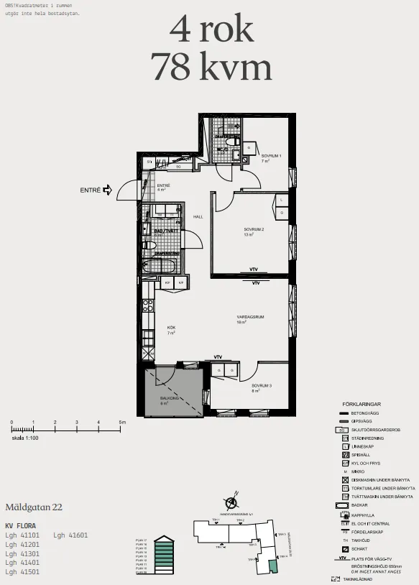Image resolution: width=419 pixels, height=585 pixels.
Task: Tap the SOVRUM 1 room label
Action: tap(270, 156)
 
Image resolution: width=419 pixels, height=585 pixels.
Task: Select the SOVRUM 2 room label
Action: tap(254, 229)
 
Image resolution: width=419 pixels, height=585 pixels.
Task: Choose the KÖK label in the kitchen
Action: tap(171, 328)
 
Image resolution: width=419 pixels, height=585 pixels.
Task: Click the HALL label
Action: tap(198, 217)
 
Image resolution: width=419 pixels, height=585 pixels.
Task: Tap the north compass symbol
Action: tap(231, 504)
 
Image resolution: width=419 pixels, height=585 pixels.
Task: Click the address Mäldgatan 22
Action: tap(34, 507)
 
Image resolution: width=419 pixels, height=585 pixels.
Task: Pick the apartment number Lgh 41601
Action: tap(70, 535)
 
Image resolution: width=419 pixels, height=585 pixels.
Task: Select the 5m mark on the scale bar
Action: tap(121, 423)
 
